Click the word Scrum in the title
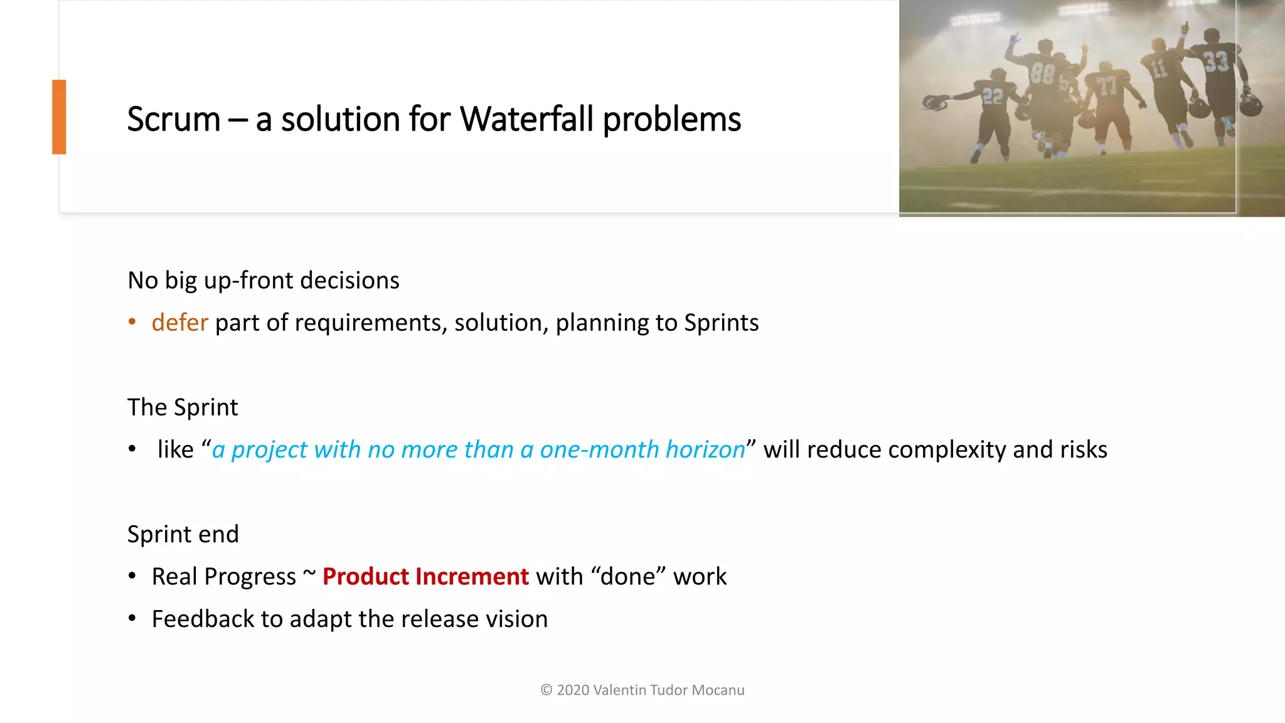174,119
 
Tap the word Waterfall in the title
526,119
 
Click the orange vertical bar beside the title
59,117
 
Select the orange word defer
179,323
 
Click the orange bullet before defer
132,322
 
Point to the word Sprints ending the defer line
721,323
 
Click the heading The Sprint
183,407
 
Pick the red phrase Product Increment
425,576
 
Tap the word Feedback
202,619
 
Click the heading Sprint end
183,534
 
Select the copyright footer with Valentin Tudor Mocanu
642,690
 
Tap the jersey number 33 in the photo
1215,62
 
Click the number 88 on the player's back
1042,74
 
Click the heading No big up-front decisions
264,281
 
